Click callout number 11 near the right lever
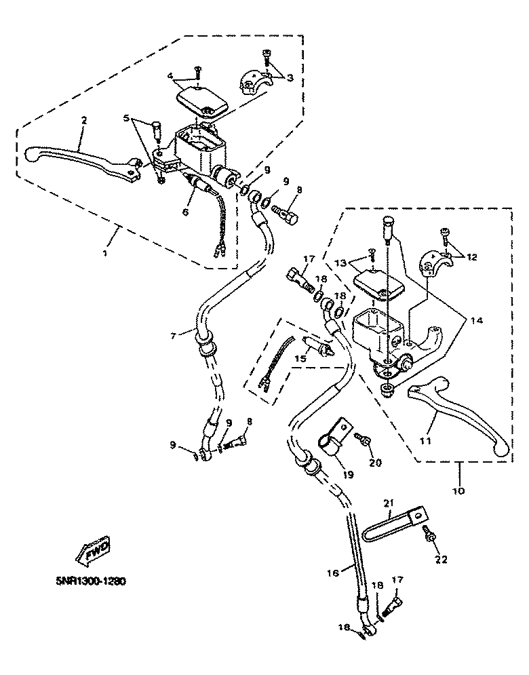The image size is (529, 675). (425, 442)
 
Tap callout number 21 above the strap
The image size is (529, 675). (388, 503)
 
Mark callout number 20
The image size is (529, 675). (375, 463)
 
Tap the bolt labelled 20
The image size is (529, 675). (365, 441)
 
